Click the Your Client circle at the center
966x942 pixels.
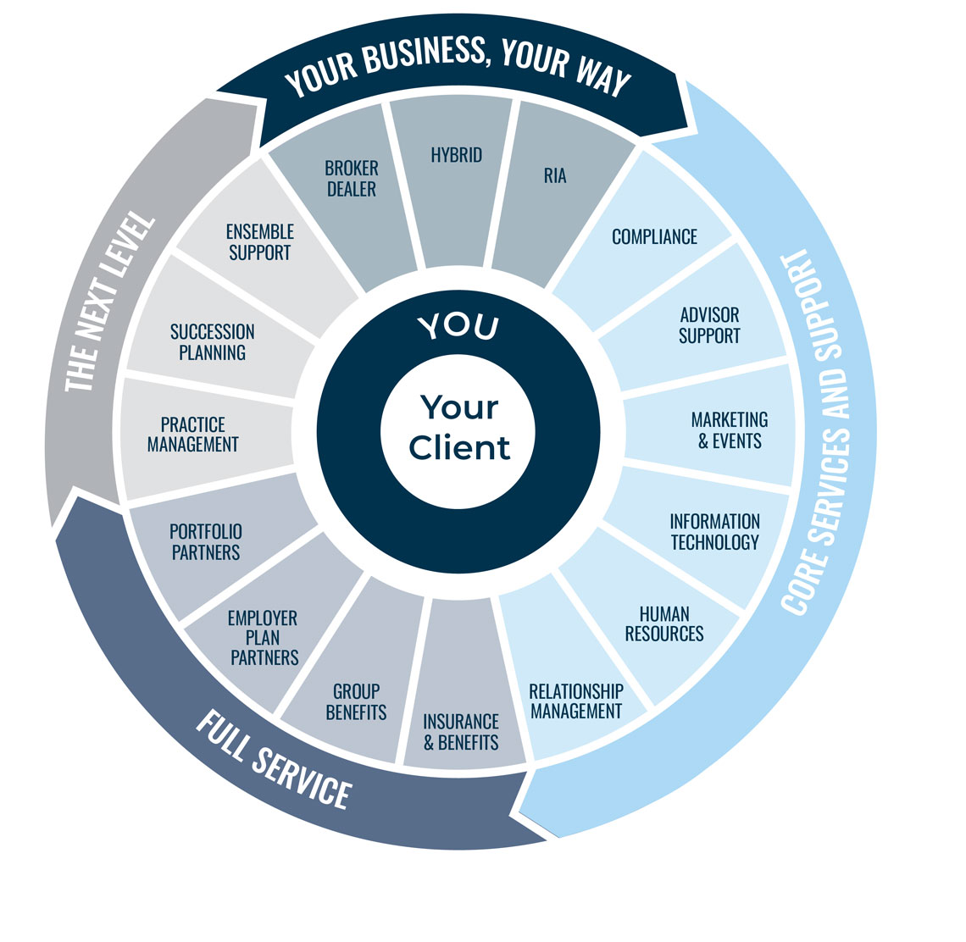[458, 428]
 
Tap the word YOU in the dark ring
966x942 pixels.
[458, 327]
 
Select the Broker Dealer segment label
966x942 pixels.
[352, 178]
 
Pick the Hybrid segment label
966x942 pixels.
[456, 155]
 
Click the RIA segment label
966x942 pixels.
[555, 176]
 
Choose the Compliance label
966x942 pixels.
[654, 236]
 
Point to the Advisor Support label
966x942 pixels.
[709, 325]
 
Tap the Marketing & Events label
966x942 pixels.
[730, 430]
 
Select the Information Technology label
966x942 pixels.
[714, 532]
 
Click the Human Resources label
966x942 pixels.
[664, 623]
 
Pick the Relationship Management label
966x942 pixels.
[576, 701]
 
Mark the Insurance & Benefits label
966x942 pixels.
[461, 732]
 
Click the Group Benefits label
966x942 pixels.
[356, 701]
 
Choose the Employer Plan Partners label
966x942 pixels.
[264, 638]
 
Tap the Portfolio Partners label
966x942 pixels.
[206, 542]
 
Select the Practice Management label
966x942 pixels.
[193, 434]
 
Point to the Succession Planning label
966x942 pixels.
[212, 342]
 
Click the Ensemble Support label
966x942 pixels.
[259, 242]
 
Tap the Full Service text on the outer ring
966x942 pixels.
[273, 760]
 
